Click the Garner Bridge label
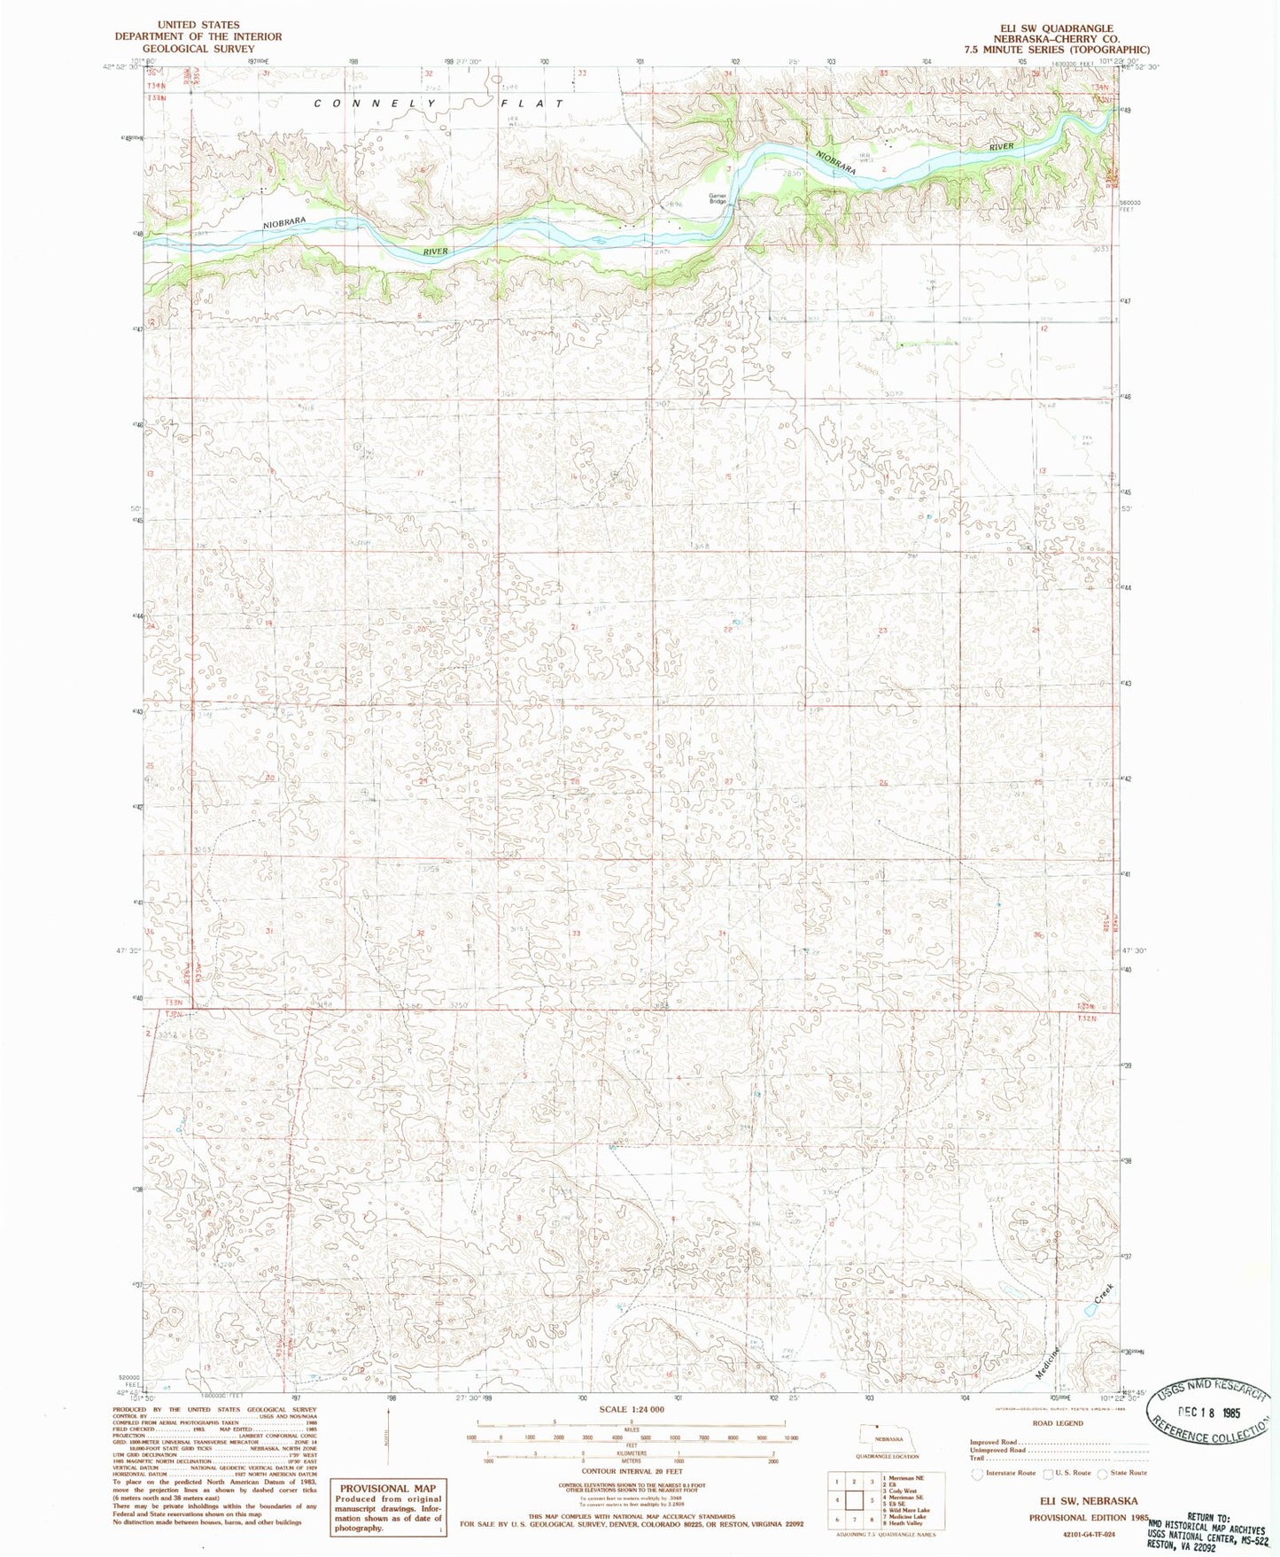718,198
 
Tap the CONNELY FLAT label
439,104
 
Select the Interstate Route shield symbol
977,1473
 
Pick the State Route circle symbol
1103,1473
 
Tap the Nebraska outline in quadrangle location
880,1434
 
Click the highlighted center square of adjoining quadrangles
855,1499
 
